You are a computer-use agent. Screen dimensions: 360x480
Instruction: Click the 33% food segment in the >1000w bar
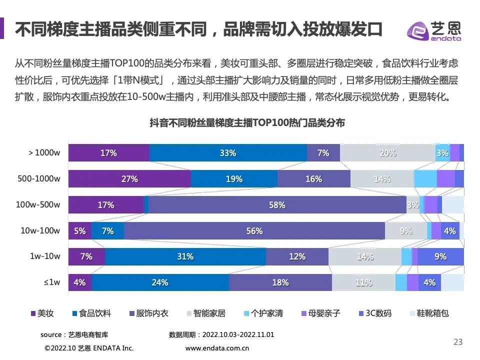coord(228,153)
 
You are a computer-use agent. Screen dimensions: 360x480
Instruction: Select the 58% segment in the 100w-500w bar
coord(277,205)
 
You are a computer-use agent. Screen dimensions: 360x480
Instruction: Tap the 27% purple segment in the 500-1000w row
coord(129,179)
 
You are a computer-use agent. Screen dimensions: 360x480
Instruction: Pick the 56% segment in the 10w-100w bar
coord(254,231)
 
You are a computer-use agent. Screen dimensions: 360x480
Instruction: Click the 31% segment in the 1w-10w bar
coord(185,256)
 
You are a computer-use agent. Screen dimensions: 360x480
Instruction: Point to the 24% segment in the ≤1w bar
coord(160,282)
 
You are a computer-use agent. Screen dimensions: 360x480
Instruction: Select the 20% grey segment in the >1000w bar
coord(387,153)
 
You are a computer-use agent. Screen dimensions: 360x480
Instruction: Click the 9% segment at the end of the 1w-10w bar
coord(440,256)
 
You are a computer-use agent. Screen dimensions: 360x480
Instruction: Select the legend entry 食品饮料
coord(91,313)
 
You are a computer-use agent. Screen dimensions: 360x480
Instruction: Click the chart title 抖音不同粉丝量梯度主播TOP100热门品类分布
coord(247,123)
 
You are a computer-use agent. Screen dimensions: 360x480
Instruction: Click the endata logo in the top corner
coord(433,31)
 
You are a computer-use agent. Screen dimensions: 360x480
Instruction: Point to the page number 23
coord(457,342)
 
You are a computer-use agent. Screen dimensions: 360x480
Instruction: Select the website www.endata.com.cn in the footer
coord(217,348)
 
